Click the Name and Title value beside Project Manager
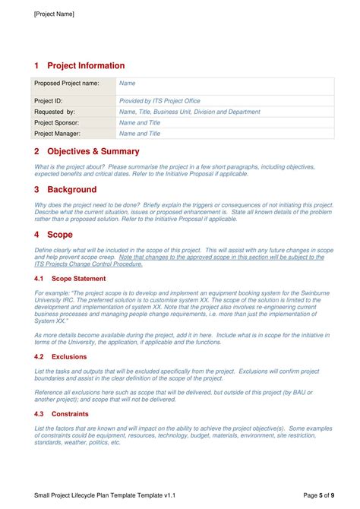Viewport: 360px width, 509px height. click(x=140, y=134)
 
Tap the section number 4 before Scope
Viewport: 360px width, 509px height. click(x=36, y=235)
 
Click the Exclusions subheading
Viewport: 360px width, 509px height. click(x=69, y=356)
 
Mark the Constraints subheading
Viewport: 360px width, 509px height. click(x=71, y=414)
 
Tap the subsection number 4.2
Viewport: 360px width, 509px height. click(x=39, y=356)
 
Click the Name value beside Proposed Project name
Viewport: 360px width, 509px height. click(x=128, y=83)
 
